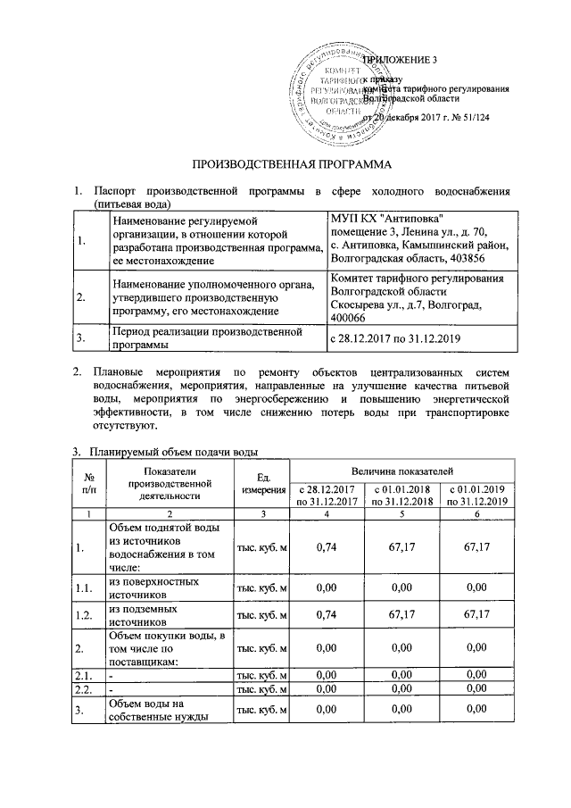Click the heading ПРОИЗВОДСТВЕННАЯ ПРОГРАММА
(x=294, y=165)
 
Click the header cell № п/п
(x=87, y=482)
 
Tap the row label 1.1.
(x=87, y=587)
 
